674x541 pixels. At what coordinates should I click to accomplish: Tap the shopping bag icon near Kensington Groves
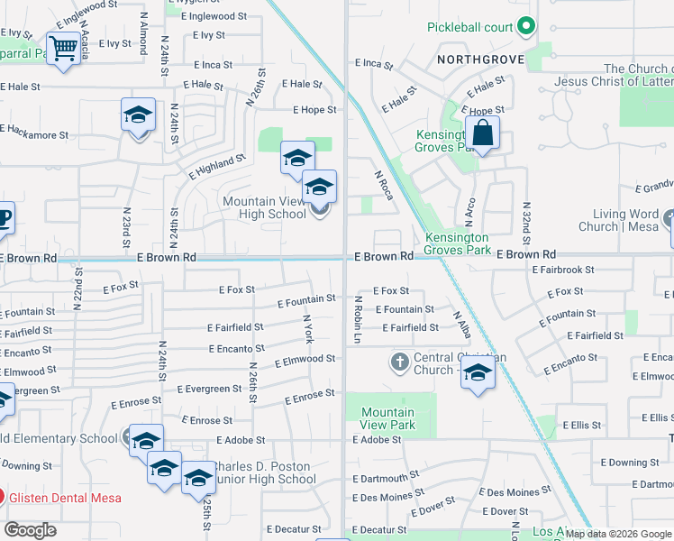point(483,133)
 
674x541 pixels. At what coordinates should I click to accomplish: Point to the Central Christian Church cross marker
point(400,362)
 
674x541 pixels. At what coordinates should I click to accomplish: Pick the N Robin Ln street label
point(357,318)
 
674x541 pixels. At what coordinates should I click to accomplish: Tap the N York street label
point(309,328)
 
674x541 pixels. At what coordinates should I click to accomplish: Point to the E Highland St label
point(217,166)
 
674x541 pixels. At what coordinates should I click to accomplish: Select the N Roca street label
point(382,185)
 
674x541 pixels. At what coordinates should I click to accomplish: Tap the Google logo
point(31,530)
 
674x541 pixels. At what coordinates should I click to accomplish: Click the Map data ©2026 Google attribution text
point(619,534)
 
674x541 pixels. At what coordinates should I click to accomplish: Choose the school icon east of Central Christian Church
point(478,373)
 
